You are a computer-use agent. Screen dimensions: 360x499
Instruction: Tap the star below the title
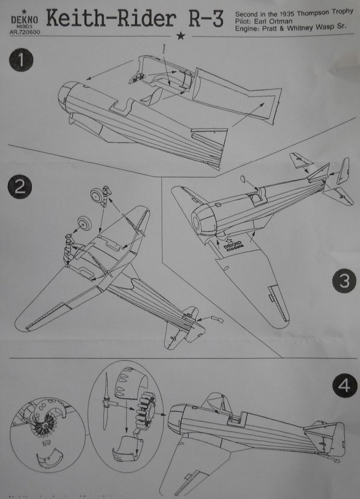[x=181, y=37]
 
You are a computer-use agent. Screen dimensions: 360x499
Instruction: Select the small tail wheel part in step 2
[x=217, y=320]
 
